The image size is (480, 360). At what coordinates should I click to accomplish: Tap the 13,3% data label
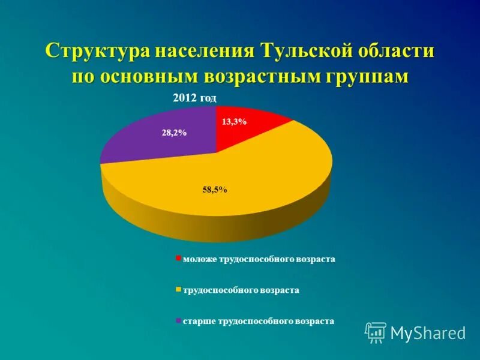[234, 121]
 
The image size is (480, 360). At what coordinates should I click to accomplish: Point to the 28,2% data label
[174, 133]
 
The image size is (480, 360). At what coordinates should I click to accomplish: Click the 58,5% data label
[215, 190]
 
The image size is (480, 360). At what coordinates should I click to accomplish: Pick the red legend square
[178, 259]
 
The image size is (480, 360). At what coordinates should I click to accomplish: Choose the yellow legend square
[178, 290]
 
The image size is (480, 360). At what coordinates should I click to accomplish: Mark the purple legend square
[178, 321]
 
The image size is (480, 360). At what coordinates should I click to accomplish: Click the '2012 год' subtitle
[194, 98]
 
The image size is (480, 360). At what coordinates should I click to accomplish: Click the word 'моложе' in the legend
[199, 259]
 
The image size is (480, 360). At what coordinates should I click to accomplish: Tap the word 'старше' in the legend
[198, 321]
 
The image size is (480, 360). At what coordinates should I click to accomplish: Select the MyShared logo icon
[376, 332]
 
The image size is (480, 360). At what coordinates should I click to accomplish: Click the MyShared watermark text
[428, 333]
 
